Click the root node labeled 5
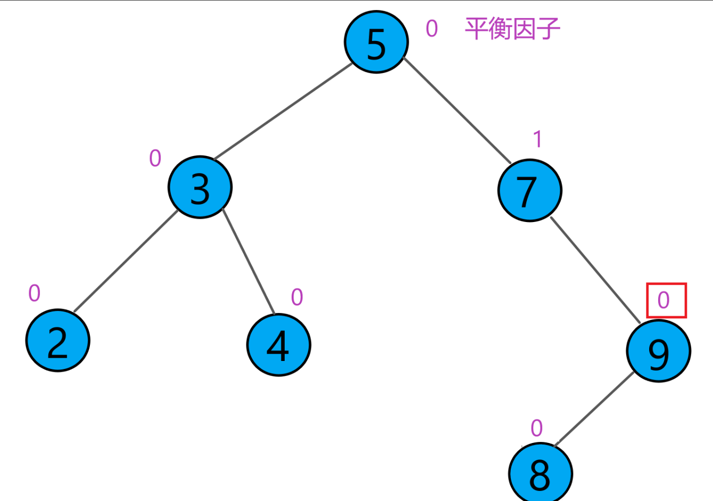coord(376,42)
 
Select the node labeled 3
coord(200,187)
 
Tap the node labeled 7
coord(529,191)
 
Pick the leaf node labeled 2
coord(58,341)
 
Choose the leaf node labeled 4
coord(279,345)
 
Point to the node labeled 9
coord(658,351)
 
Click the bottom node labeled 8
coord(540,473)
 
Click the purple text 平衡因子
coord(512,29)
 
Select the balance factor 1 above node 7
coord(537,139)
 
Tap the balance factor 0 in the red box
coord(664,301)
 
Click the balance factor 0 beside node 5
coord(432,29)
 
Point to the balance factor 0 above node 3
coord(155,159)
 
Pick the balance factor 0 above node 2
coord(34,293)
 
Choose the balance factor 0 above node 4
coord(297,297)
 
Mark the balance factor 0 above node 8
coord(536,428)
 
